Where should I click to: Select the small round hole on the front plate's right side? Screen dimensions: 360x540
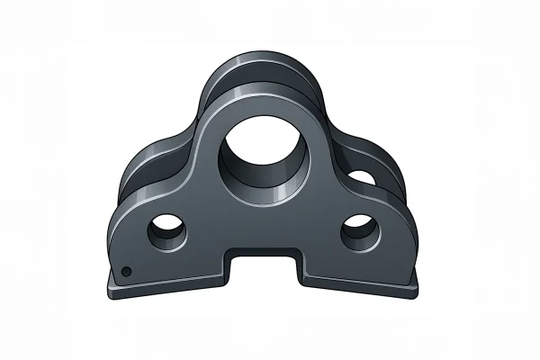point(359,231)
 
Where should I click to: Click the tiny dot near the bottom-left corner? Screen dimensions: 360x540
point(128,271)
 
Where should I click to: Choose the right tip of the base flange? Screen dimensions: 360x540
point(418,288)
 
